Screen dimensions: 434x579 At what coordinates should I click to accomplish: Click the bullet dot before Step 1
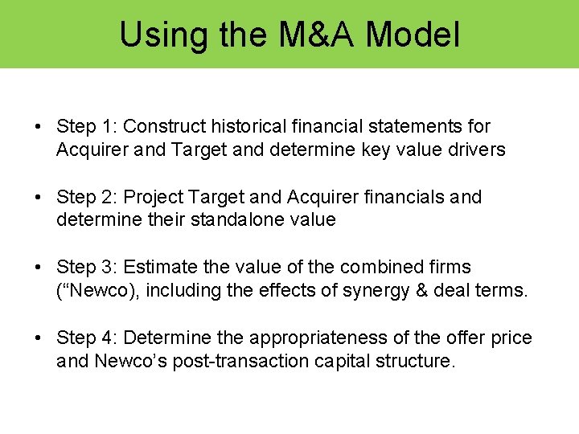pos(38,127)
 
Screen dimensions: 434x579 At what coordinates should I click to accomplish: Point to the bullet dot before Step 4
pos(38,338)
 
